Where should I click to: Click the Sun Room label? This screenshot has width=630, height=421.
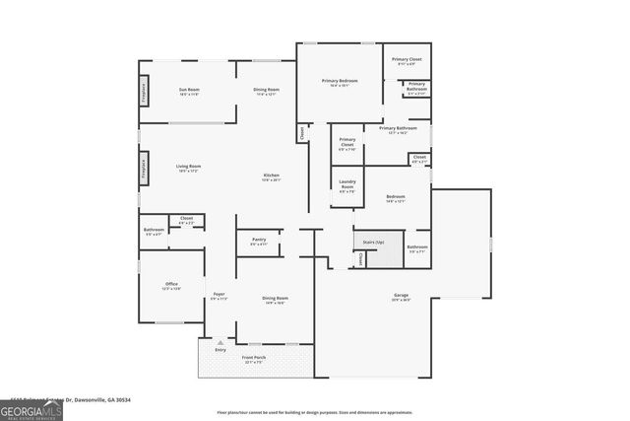point(189,92)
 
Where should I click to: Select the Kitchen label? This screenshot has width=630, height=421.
point(271,177)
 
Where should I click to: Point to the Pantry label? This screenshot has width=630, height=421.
point(259,242)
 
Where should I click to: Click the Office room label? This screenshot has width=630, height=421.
point(171,286)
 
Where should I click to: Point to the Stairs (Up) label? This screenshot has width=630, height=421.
point(373,241)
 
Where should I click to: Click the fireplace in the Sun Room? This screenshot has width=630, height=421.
point(144,92)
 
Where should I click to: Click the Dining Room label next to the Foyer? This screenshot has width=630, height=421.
point(275,300)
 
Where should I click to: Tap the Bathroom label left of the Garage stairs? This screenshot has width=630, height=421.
point(417,248)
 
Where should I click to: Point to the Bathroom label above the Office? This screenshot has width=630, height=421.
point(154,232)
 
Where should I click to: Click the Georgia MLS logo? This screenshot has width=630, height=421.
point(31,409)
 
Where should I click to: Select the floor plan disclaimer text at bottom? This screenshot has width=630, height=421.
point(328,412)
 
